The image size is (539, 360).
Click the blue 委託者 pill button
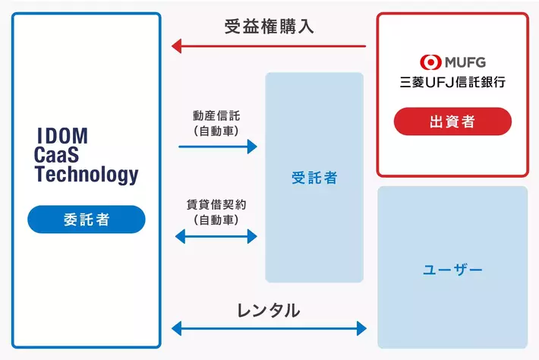86,219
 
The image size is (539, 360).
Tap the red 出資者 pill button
452,122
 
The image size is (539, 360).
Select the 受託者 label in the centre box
314,178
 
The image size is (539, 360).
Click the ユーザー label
452,270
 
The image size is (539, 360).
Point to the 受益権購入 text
269,27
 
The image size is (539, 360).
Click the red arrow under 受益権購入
269,46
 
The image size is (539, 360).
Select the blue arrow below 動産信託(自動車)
218,147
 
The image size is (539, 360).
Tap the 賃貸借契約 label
216,204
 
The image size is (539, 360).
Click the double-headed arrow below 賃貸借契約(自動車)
216,236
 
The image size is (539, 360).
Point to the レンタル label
269,310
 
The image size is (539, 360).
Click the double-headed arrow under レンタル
269,328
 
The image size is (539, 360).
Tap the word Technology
87,175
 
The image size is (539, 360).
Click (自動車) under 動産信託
217,131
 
